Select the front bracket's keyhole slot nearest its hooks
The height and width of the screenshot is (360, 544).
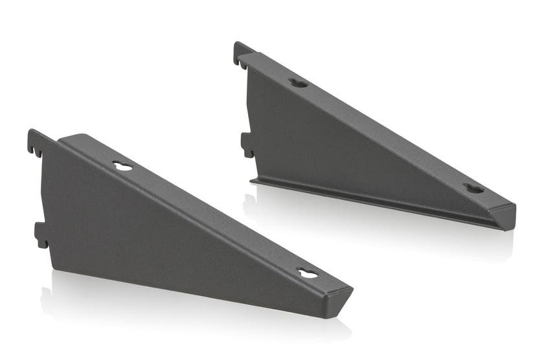(x=122, y=166)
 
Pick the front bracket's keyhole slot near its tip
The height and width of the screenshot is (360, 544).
(x=308, y=274)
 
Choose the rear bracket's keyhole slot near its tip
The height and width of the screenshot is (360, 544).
(x=473, y=188)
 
